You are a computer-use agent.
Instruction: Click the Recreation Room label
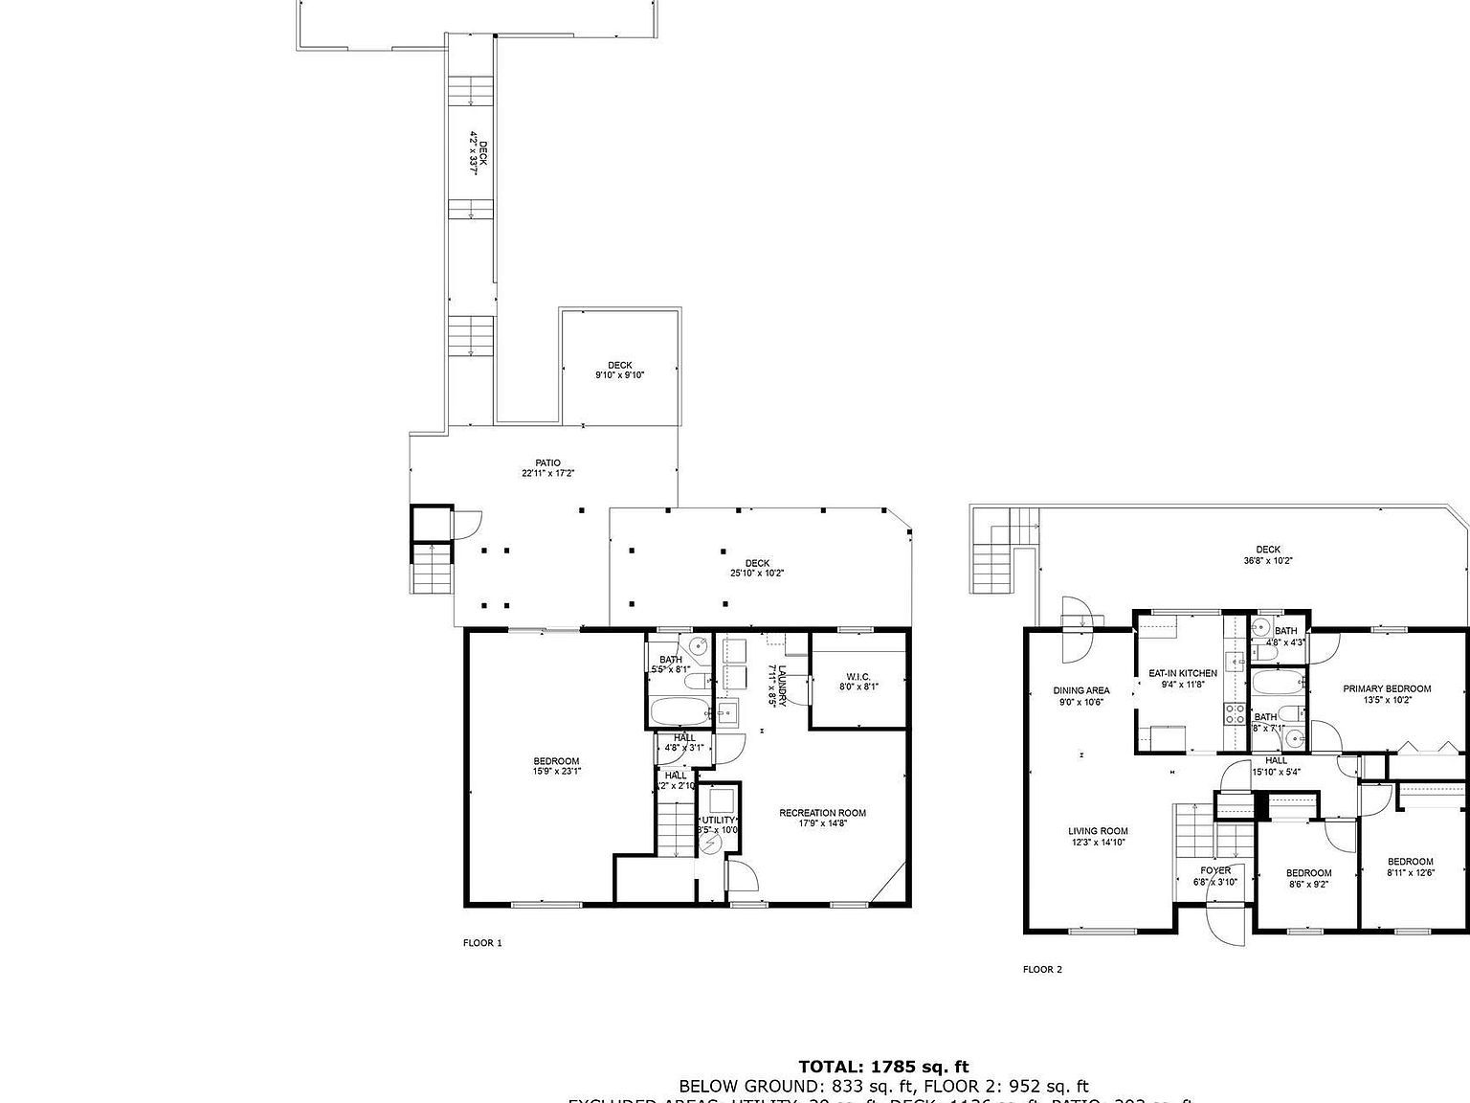click(x=822, y=819)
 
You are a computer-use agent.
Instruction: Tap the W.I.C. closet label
click(x=857, y=681)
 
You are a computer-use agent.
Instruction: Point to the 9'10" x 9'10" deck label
click(x=619, y=370)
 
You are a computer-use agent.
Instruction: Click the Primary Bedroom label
click(x=1387, y=693)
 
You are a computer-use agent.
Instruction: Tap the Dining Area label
click(x=1081, y=695)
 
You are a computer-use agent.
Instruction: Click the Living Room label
click(x=1098, y=837)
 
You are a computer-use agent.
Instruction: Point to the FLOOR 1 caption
click(x=482, y=943)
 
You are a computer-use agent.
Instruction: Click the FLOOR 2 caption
click(x=1042, y=970)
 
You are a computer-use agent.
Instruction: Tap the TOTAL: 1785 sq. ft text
click(x=883, y=1067)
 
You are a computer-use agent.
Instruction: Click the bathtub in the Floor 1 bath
click(x=679, y=711)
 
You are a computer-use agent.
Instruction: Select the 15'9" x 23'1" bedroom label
click(x=556, y=766)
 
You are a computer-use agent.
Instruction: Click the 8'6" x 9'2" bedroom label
click(x=1308, y=879)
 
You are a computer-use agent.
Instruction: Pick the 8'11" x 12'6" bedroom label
click(x=1410, y=867)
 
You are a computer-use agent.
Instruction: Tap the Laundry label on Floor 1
click(x=777, y=684)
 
